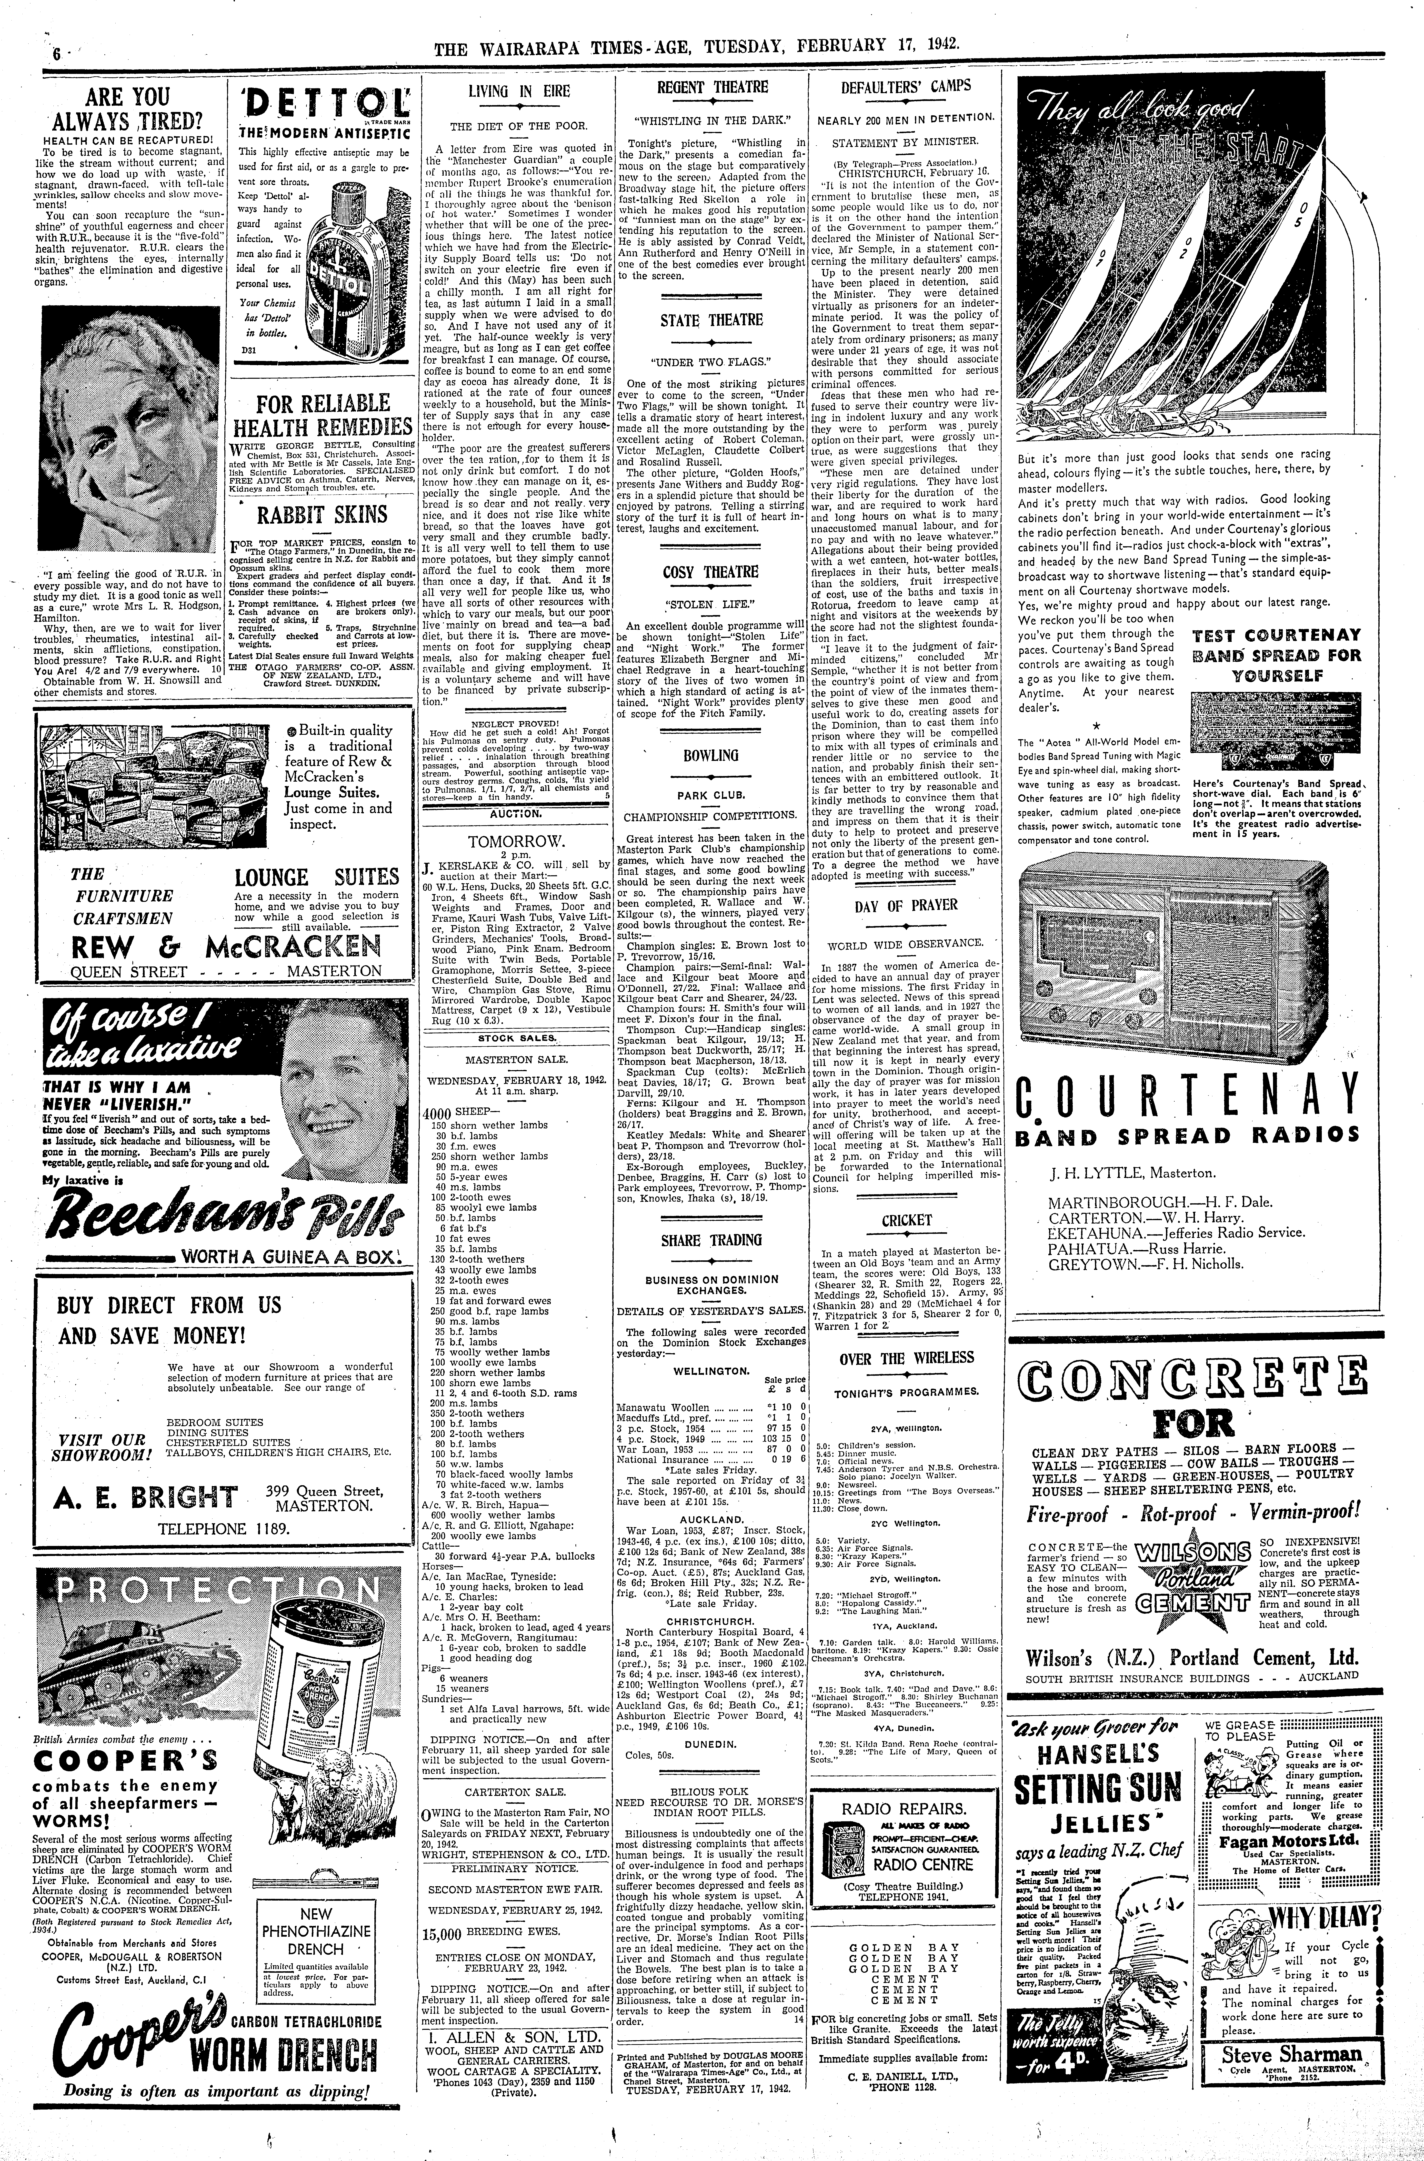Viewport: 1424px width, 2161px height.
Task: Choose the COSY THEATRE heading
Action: pos(710,572)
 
